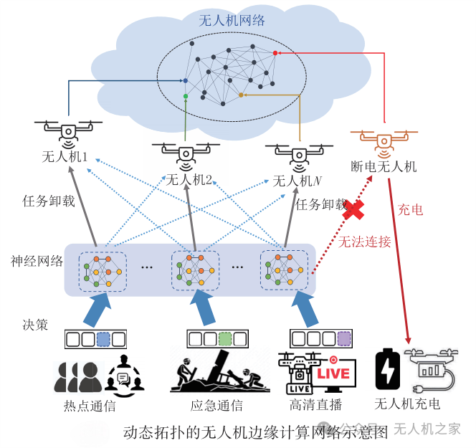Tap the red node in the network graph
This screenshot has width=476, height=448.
pyautogui.click(x=275, y=53)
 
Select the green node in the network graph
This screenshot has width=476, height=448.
pyautogui.click(x=186, y=95)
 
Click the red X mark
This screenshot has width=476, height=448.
pyautogui.click(x=353, y=210)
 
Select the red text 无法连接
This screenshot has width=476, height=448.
pyautogui.click(x=365, y=242)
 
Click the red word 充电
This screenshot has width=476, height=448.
pyautogui.click(x=410, y=210)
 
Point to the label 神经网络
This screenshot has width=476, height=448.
pyautogui.click(x=37, y=261)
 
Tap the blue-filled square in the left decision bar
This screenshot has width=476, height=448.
pyautogui.click(x=103, y=338)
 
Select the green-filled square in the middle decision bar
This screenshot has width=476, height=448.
pyautogui.click(x=224, y=338)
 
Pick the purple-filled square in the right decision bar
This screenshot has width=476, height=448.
pyautogui.click(x=344, y=338)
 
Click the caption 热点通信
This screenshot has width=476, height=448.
pyautogui.click(x=90, y=405)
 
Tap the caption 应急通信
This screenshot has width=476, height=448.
pyautogui.click(x=216, y=405)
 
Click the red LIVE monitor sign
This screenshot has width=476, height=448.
pyautogui.click(x=333, y=373)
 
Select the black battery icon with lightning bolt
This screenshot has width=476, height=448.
pyautogui.click(x=388, y=368)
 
